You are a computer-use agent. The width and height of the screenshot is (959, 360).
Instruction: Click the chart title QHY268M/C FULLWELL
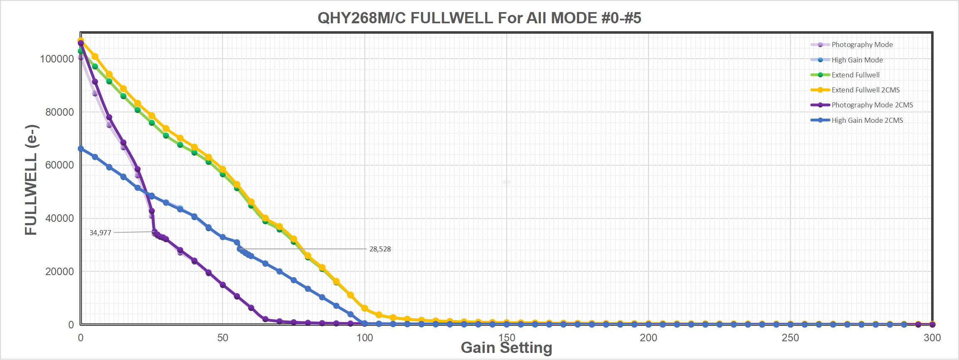coord(479,18)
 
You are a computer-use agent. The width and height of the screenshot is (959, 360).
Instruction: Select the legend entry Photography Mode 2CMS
coord(872,105)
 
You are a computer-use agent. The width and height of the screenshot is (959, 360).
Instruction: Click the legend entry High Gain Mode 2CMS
coord(867,120)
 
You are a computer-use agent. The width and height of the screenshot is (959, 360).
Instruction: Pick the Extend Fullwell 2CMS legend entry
coord(865,90)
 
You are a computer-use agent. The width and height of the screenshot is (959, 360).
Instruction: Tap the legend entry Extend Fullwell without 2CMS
coord(855,75)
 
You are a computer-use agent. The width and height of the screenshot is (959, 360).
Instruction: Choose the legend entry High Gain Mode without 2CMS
coord(857,60)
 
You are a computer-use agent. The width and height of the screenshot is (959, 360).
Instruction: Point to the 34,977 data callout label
coord(100,233)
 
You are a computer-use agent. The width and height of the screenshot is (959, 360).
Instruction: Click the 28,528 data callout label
coord(380,249)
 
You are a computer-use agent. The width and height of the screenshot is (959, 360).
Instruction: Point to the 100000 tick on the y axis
coord(57,59)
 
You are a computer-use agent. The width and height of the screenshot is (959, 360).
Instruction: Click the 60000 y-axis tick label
coord(59,165)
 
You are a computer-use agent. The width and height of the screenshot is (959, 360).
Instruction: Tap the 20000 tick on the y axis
coord(59,271)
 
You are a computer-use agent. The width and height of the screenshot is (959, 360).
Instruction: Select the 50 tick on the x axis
coord(223,338)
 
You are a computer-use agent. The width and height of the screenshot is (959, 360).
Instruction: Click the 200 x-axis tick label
coord(648,338)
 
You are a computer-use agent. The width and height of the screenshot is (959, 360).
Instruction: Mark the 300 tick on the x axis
coord(932,338)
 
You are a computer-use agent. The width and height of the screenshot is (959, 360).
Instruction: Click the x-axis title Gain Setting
coord(506,348)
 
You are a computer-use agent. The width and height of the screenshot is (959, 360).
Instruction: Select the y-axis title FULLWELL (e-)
coord(31,180)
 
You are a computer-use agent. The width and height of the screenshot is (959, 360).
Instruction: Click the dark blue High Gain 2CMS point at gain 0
coord(81,149)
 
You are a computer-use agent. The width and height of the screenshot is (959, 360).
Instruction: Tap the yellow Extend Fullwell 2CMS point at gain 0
coord(81,41)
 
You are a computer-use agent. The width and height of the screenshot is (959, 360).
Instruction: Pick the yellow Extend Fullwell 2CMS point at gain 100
coord(364,308)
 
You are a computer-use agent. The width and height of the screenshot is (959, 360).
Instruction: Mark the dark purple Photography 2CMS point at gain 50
coord(223,285)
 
